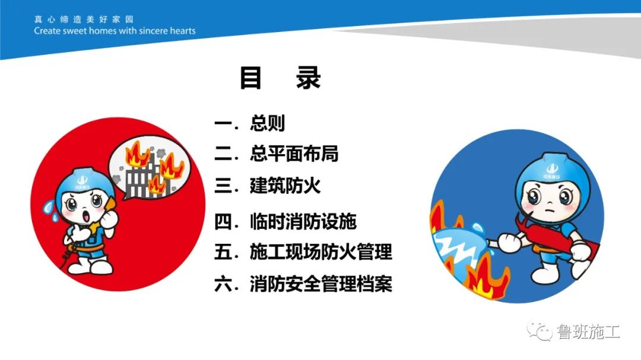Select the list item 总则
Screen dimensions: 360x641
tap(267, 123)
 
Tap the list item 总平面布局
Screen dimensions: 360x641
tap(294, 154)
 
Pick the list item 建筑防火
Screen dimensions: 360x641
tap(285, 186)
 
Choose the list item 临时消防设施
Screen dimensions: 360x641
tap(303, 222)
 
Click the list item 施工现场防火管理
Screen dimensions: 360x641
tap(320, 252)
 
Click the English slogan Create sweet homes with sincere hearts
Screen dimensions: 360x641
tap(115, 31)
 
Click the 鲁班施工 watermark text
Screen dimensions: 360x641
tap(588, 332)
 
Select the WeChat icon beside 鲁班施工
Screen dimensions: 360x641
tap(541, 331)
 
